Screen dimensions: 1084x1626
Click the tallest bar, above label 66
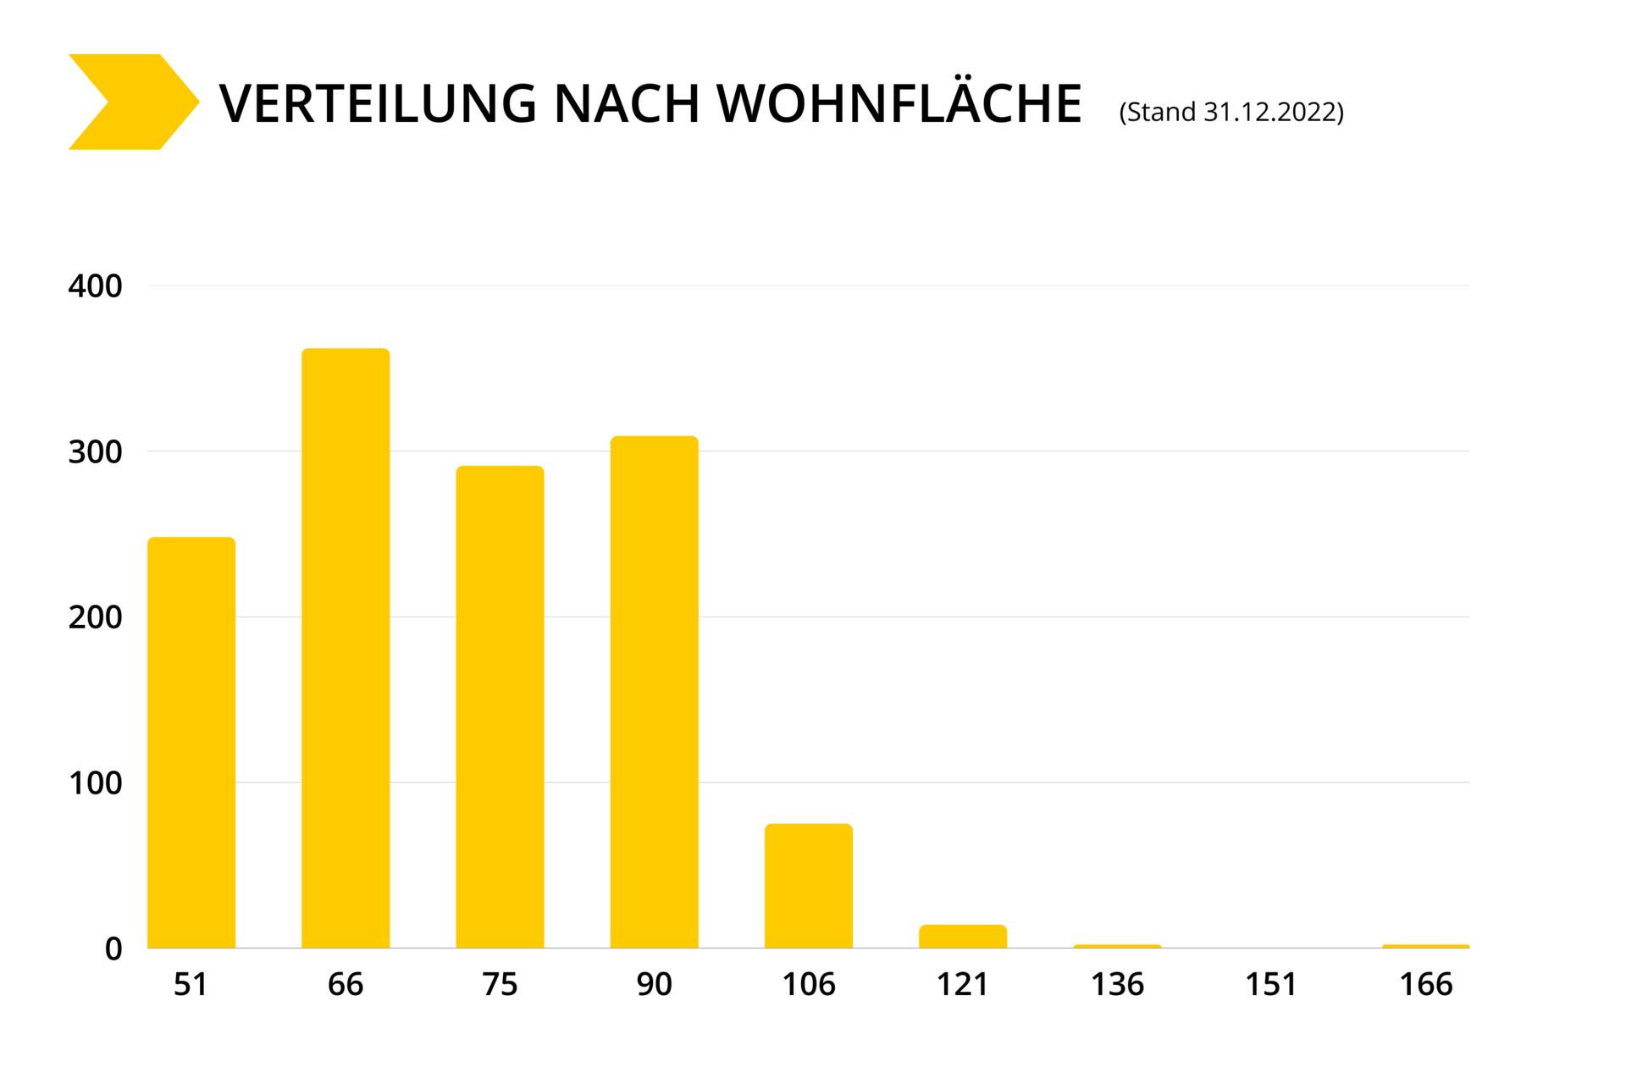[346, 648]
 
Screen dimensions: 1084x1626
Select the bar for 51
[191, 742]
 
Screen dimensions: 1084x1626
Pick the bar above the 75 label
[500, 706]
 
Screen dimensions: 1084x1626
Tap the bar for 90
[654, 691]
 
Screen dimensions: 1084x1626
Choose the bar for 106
[808, 885]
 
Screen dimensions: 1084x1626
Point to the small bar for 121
[963, 936]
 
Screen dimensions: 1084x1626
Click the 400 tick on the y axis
[95, 286]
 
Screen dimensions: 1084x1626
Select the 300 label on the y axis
[95, 452]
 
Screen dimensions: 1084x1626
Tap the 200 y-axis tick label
[95, 617]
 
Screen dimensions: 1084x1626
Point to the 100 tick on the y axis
[95, 783]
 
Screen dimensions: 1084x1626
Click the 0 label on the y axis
[113, 948]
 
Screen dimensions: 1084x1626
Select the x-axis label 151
[1270, 984]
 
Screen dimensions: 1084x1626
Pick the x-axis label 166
[1425, 984]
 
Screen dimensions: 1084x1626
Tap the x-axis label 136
[1117, 984]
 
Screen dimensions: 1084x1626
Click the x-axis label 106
[808, 984]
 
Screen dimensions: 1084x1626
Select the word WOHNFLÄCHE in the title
[899, 103]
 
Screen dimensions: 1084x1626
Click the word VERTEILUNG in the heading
[378, 104]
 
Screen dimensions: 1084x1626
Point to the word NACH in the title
[626, 104]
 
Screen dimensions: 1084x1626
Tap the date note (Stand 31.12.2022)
[1231, 112]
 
